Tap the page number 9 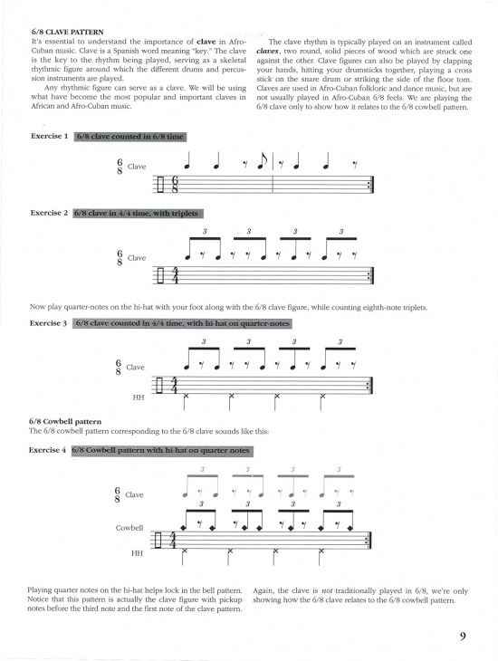pyautogui.click(x=462, y=636)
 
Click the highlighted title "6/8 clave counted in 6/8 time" pyautogui.click(x=129, y=137)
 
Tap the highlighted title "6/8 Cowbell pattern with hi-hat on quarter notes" pyautogui.click(x=160, y=450)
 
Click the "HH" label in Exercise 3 pyautogui.click(x=138, y=396)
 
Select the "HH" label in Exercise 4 pyautogui.click(x=138, y=551)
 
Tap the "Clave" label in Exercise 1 pyautogui.click(x=137, y=168)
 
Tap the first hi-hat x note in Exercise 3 pyautogui.click(x=187, y=397)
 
